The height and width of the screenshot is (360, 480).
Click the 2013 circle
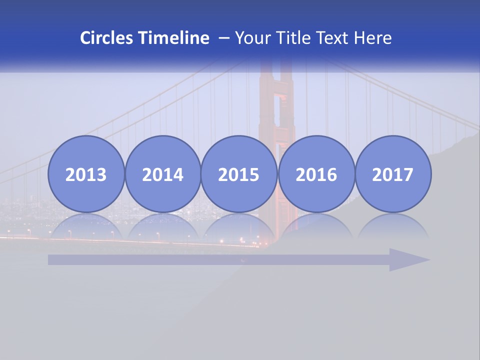click(86, 174)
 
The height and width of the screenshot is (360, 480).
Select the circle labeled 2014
click(162, 174)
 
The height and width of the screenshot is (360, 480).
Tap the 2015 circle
click(239, 174)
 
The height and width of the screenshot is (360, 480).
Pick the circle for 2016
click(316, 174)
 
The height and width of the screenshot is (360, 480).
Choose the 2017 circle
click(392, 174)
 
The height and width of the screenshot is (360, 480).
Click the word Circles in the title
click(107, 38)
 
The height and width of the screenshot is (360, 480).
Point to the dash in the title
click(224, 38)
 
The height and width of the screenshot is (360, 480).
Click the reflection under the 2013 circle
click(86, 226)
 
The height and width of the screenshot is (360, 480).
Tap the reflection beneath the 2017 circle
click(392, 226)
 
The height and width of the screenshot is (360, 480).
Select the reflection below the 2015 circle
click(239, 226)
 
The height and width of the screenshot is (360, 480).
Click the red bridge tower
click(276, 110)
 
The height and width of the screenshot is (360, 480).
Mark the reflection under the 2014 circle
click(162, 226)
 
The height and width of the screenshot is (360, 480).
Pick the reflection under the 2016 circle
click(316, 226)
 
